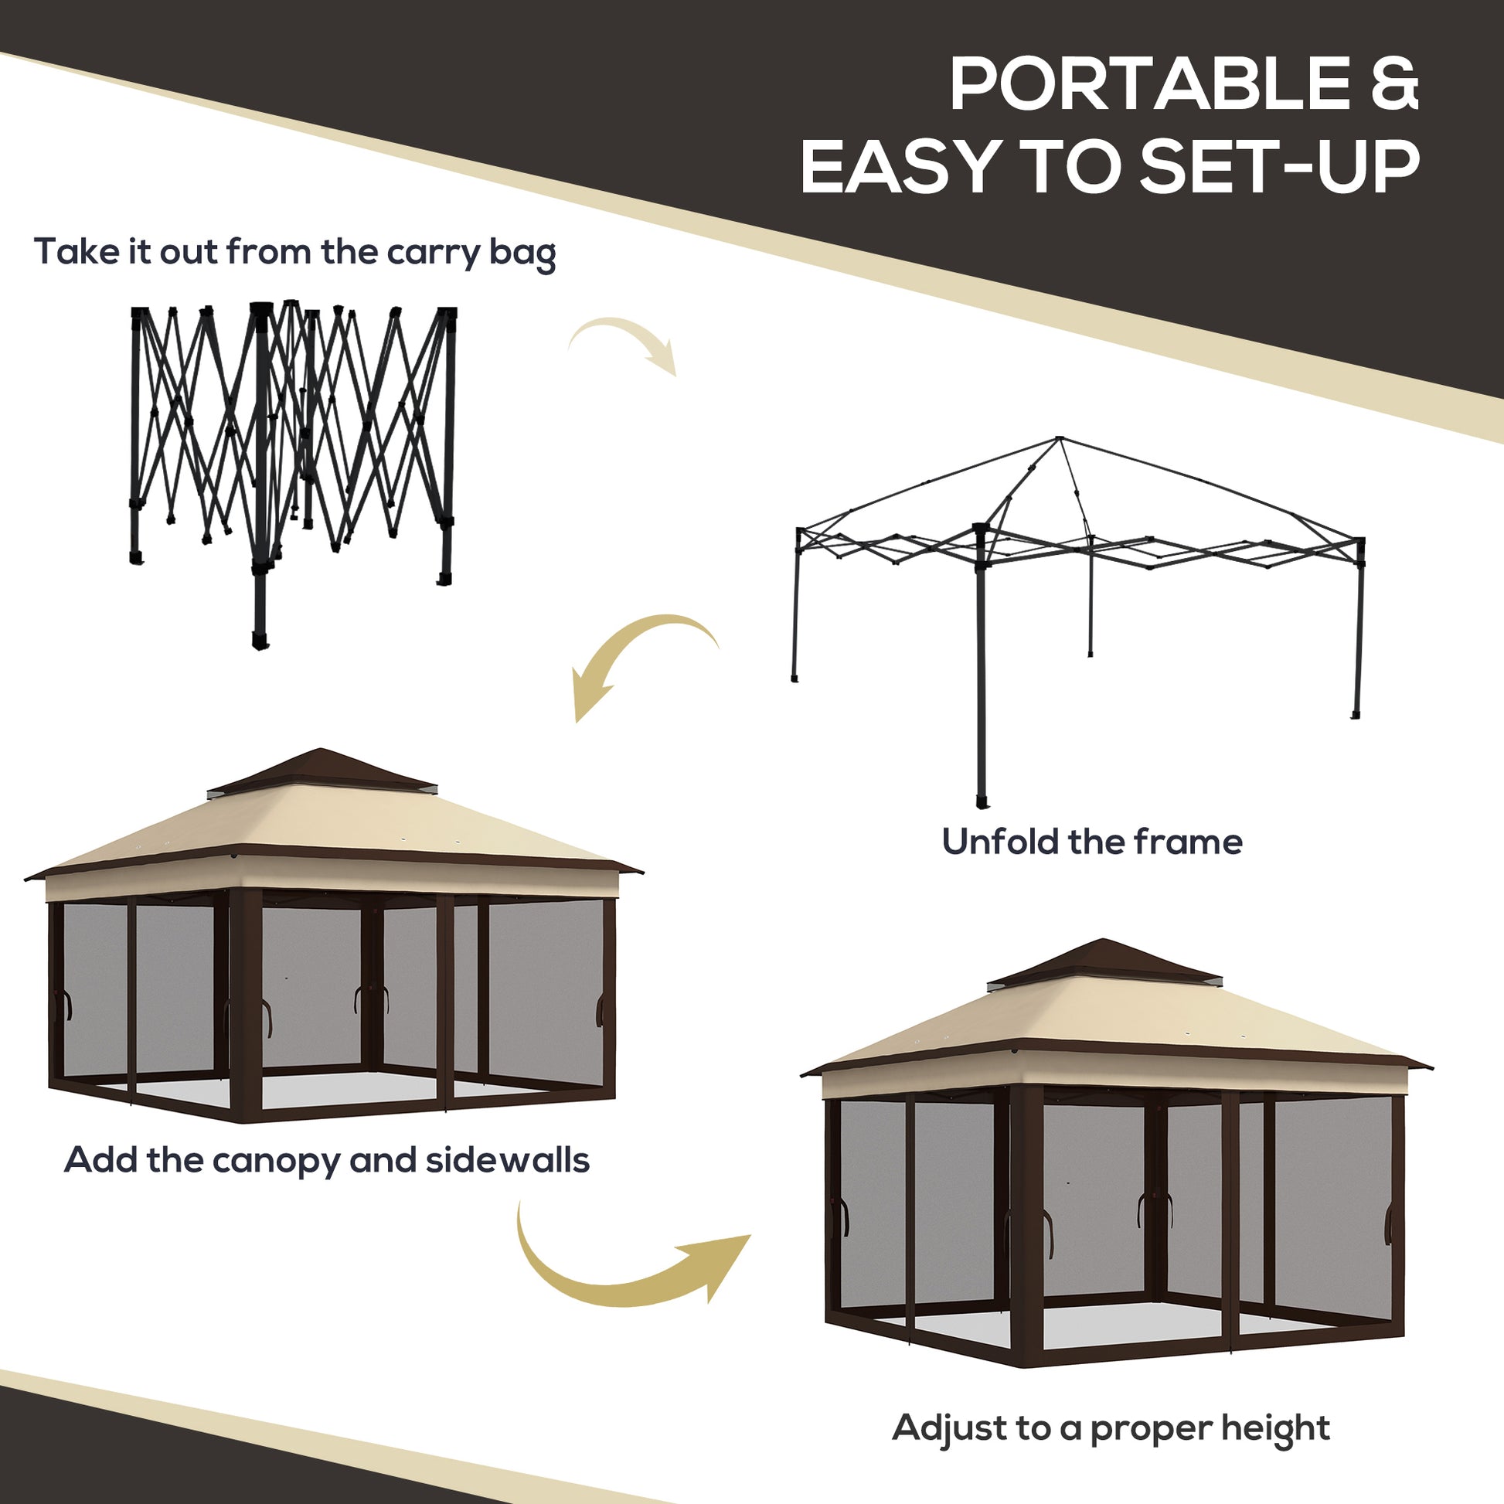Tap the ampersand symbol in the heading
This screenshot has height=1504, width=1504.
coord(1394,86)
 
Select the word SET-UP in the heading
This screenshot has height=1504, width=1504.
coord(1280,167)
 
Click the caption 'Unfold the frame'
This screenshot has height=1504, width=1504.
coord(1091,842)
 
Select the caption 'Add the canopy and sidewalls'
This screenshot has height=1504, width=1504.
coord(326,1160)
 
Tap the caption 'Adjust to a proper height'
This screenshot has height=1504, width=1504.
coord(1111,1427)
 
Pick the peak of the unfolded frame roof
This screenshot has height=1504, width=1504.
coord(1059,440)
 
